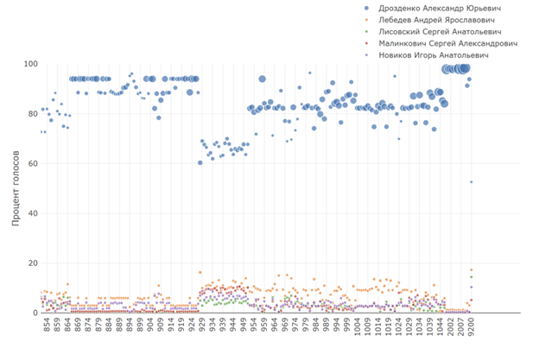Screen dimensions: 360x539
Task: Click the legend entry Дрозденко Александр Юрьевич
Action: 441,8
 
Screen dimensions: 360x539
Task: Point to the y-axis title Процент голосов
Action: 17,187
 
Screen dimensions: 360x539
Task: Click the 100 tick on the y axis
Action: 28,65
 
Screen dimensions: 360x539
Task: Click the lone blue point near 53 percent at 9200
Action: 471,181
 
